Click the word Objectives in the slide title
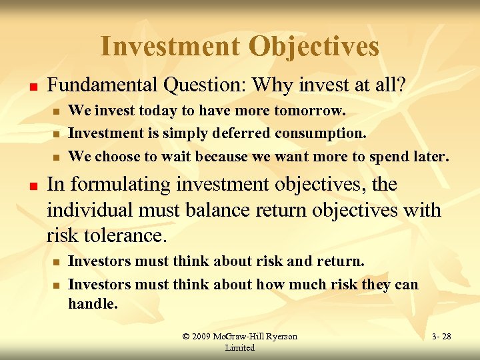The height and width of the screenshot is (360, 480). click(x=313, y=47)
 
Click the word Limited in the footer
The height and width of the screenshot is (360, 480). click(x=240, y=347)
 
